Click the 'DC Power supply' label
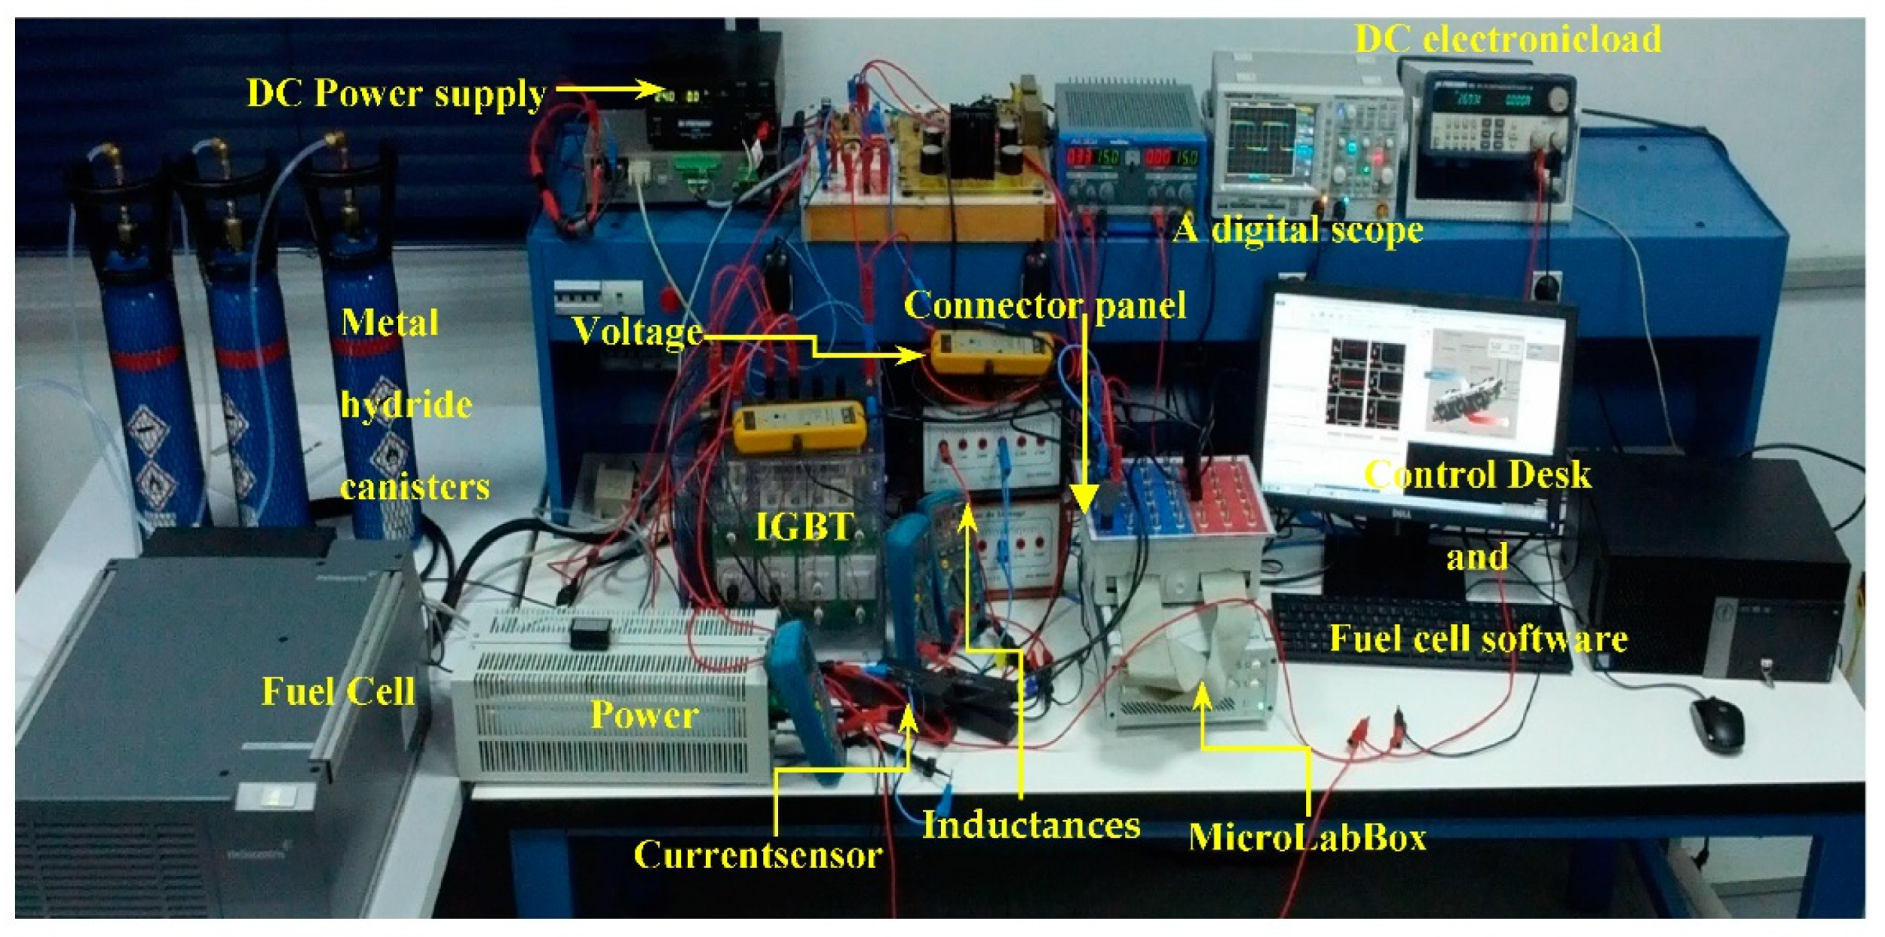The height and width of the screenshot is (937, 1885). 397,94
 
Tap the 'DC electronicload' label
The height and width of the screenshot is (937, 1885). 1508,38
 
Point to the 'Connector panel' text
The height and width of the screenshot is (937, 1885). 1045,305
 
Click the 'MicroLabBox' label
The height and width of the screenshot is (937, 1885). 1307,837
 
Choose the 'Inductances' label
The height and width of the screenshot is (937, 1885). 1031,825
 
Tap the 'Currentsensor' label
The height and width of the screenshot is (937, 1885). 758,855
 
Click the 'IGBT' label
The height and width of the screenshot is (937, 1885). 805,527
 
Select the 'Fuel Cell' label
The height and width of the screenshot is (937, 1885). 338,691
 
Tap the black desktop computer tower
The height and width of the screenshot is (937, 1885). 1712,573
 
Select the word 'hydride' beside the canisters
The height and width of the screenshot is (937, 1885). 406,405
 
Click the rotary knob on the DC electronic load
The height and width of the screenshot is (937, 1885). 1560,97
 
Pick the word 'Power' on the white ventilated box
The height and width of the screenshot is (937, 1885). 645,715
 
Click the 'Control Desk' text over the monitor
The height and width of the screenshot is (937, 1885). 1478,475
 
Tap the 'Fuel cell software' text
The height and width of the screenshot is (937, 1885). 1478,638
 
